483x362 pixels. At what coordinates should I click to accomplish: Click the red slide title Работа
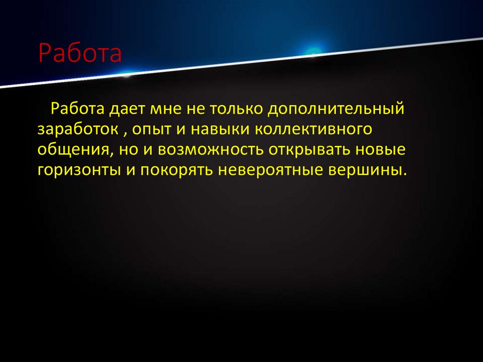(80, 54)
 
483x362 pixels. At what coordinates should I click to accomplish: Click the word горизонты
(77, 170)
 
